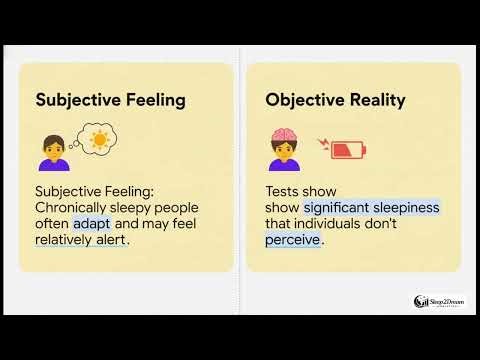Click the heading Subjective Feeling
pos(109,100)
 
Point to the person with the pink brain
pos(284,150)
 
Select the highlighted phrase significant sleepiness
pos(372,208)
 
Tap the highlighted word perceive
pos(293,240)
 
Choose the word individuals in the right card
pos(336,224)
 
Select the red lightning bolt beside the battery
pos(322,145)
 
